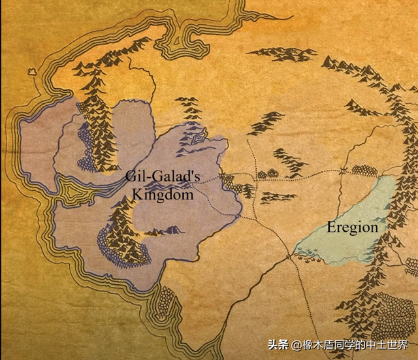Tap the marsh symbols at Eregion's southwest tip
coord(304,252)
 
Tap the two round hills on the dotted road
coord(266,174)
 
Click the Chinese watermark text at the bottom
coord(350,344)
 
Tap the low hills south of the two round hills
coord(275,195)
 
